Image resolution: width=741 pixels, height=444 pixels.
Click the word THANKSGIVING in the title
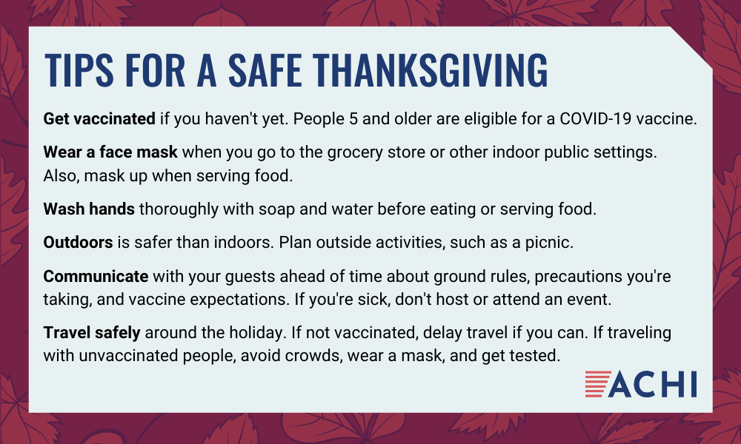430,70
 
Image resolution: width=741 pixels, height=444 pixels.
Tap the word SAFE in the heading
265,70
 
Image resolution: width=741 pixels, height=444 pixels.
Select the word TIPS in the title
79,70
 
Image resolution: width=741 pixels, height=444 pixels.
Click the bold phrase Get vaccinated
99,118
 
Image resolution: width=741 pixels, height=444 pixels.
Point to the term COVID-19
596,118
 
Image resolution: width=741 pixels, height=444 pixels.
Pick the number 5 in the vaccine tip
353,118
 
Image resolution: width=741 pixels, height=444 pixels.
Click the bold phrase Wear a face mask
110,152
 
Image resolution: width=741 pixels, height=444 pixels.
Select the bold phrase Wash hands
89,209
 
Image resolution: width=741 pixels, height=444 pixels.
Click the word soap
276,209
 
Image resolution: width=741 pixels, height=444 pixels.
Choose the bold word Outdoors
78,242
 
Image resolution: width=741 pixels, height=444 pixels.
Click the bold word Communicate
96,276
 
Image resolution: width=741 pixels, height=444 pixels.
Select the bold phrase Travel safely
92,333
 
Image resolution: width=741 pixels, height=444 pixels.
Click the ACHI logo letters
652,384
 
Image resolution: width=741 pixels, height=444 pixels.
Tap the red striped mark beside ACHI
597,384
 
